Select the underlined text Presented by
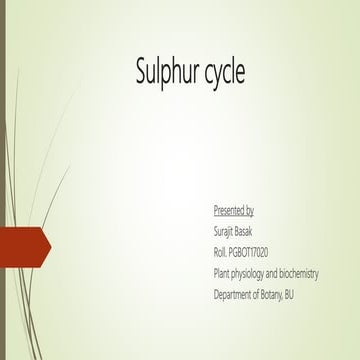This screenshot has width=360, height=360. pos(234,211)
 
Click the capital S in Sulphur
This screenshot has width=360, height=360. pos(141,71)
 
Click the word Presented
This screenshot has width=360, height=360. pos(229,211)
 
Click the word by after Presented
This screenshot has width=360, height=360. pos(249,212)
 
